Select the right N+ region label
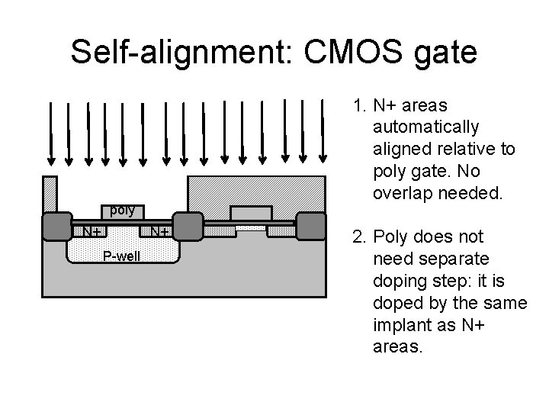click(159, 231)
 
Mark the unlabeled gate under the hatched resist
click(251, 213)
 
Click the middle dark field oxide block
click(188, 227)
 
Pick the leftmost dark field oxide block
click(56, 227)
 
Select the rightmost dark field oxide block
click(311, 227)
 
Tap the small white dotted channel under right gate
click(250, 227)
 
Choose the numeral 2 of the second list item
click(357, 237)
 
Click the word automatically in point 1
click(426, 127)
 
